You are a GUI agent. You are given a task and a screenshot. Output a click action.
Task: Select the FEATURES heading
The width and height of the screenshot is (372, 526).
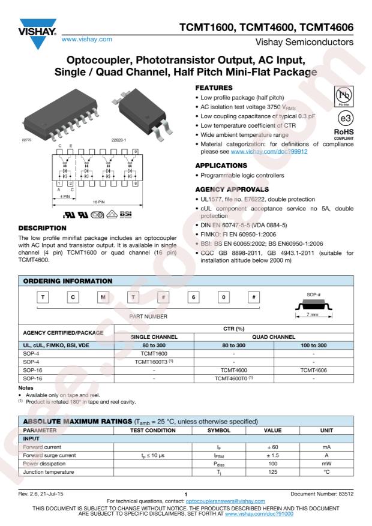pos(215,88)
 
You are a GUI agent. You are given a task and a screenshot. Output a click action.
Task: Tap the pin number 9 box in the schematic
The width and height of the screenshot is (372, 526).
pos(153,151)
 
